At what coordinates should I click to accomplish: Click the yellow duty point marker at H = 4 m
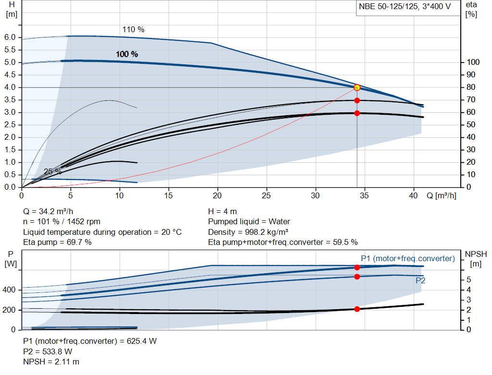pyautogui.click(x=357, y=87)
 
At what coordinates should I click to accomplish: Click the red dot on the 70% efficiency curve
pyautogui.click(x=357, y=100)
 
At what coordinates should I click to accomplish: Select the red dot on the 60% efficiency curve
pyautogui.click(x=357, y=113)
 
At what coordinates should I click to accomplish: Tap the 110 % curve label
pyautogui.click(x=133, y=30)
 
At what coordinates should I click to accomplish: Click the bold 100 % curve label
pyautogui.click(x=127, y=54)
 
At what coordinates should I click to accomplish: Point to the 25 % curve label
pyautogui.click(x=52, y=171)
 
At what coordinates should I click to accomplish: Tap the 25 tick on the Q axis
pyautogui.click(x=267, y=196)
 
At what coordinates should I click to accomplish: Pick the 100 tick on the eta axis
pyautogui.click(x=473, y=62)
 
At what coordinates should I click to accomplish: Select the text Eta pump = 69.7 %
pyautogui.click(x=57, y=242)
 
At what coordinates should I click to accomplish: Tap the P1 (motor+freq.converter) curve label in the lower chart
pyautogui.click(x=407, y=259)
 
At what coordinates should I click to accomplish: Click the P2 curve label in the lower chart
pyautogui.click(x=420, y=280)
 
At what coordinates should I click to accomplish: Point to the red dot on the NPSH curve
pyautogui.click(x=357, y=309)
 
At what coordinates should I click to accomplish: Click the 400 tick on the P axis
pyautogui.click(x=10, y=290)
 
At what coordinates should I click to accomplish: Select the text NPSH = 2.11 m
pyautogui.click(x=51, y=362)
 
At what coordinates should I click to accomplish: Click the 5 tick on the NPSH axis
pyautogui.click(x=468, y=279)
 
